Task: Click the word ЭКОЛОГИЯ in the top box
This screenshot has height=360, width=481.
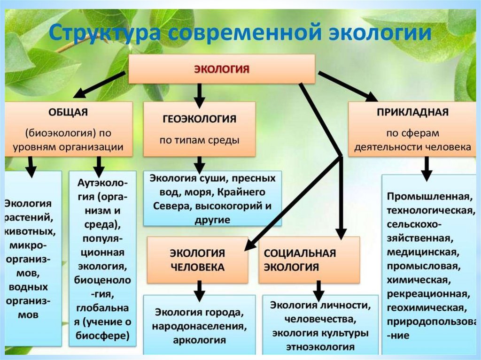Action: click(222, 69)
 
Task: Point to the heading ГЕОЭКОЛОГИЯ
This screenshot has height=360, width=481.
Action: click(199, 119)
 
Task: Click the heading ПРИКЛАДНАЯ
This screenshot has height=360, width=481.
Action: click(412, 113)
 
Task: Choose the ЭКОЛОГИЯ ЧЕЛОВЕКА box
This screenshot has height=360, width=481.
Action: click(197, 260)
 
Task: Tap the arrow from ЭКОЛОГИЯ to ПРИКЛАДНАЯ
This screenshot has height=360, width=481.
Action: click(348, 86)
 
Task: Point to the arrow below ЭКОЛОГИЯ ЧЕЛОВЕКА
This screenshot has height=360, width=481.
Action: click(199, 290)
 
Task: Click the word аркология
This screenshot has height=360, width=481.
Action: click(199, 339)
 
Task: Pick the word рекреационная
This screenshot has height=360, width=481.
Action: click(427, 294)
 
